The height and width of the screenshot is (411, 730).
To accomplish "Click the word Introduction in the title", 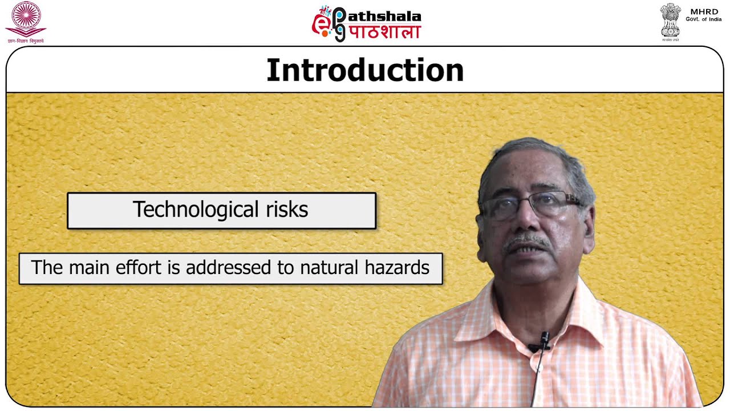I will (365, 71).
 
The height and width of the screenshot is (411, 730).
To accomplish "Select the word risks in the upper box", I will (286, 209).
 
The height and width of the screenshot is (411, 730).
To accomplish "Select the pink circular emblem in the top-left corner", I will (26, 17).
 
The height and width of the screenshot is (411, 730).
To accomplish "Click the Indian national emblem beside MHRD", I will (670, 20).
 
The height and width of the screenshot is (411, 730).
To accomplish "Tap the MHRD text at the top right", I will (704, 11).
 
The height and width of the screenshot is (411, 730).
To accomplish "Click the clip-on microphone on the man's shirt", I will (544, 340).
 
